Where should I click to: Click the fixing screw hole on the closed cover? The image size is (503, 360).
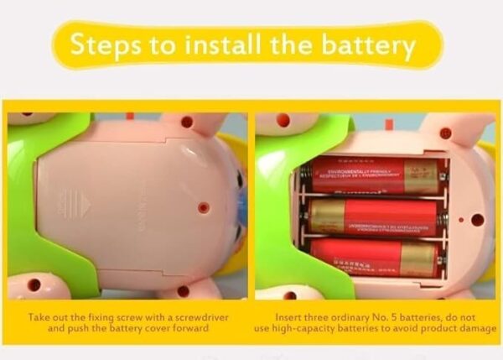click(202, 206)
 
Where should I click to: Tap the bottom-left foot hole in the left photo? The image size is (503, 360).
click(34, 285)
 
